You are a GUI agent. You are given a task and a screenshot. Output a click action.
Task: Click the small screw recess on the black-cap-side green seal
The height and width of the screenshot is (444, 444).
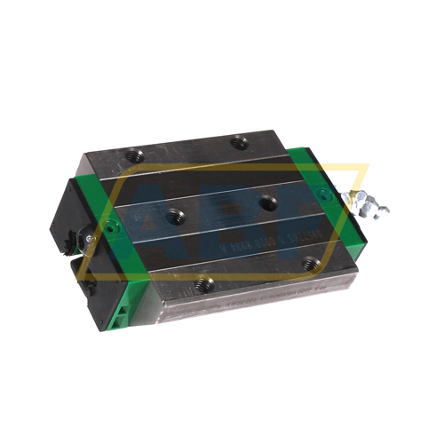[x=109, y=229]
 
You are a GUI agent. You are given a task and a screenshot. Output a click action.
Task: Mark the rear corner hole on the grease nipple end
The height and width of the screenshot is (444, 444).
[x=237, y=141]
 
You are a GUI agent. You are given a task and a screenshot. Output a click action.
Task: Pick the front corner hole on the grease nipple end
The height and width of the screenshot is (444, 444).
[x=307, y=263]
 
